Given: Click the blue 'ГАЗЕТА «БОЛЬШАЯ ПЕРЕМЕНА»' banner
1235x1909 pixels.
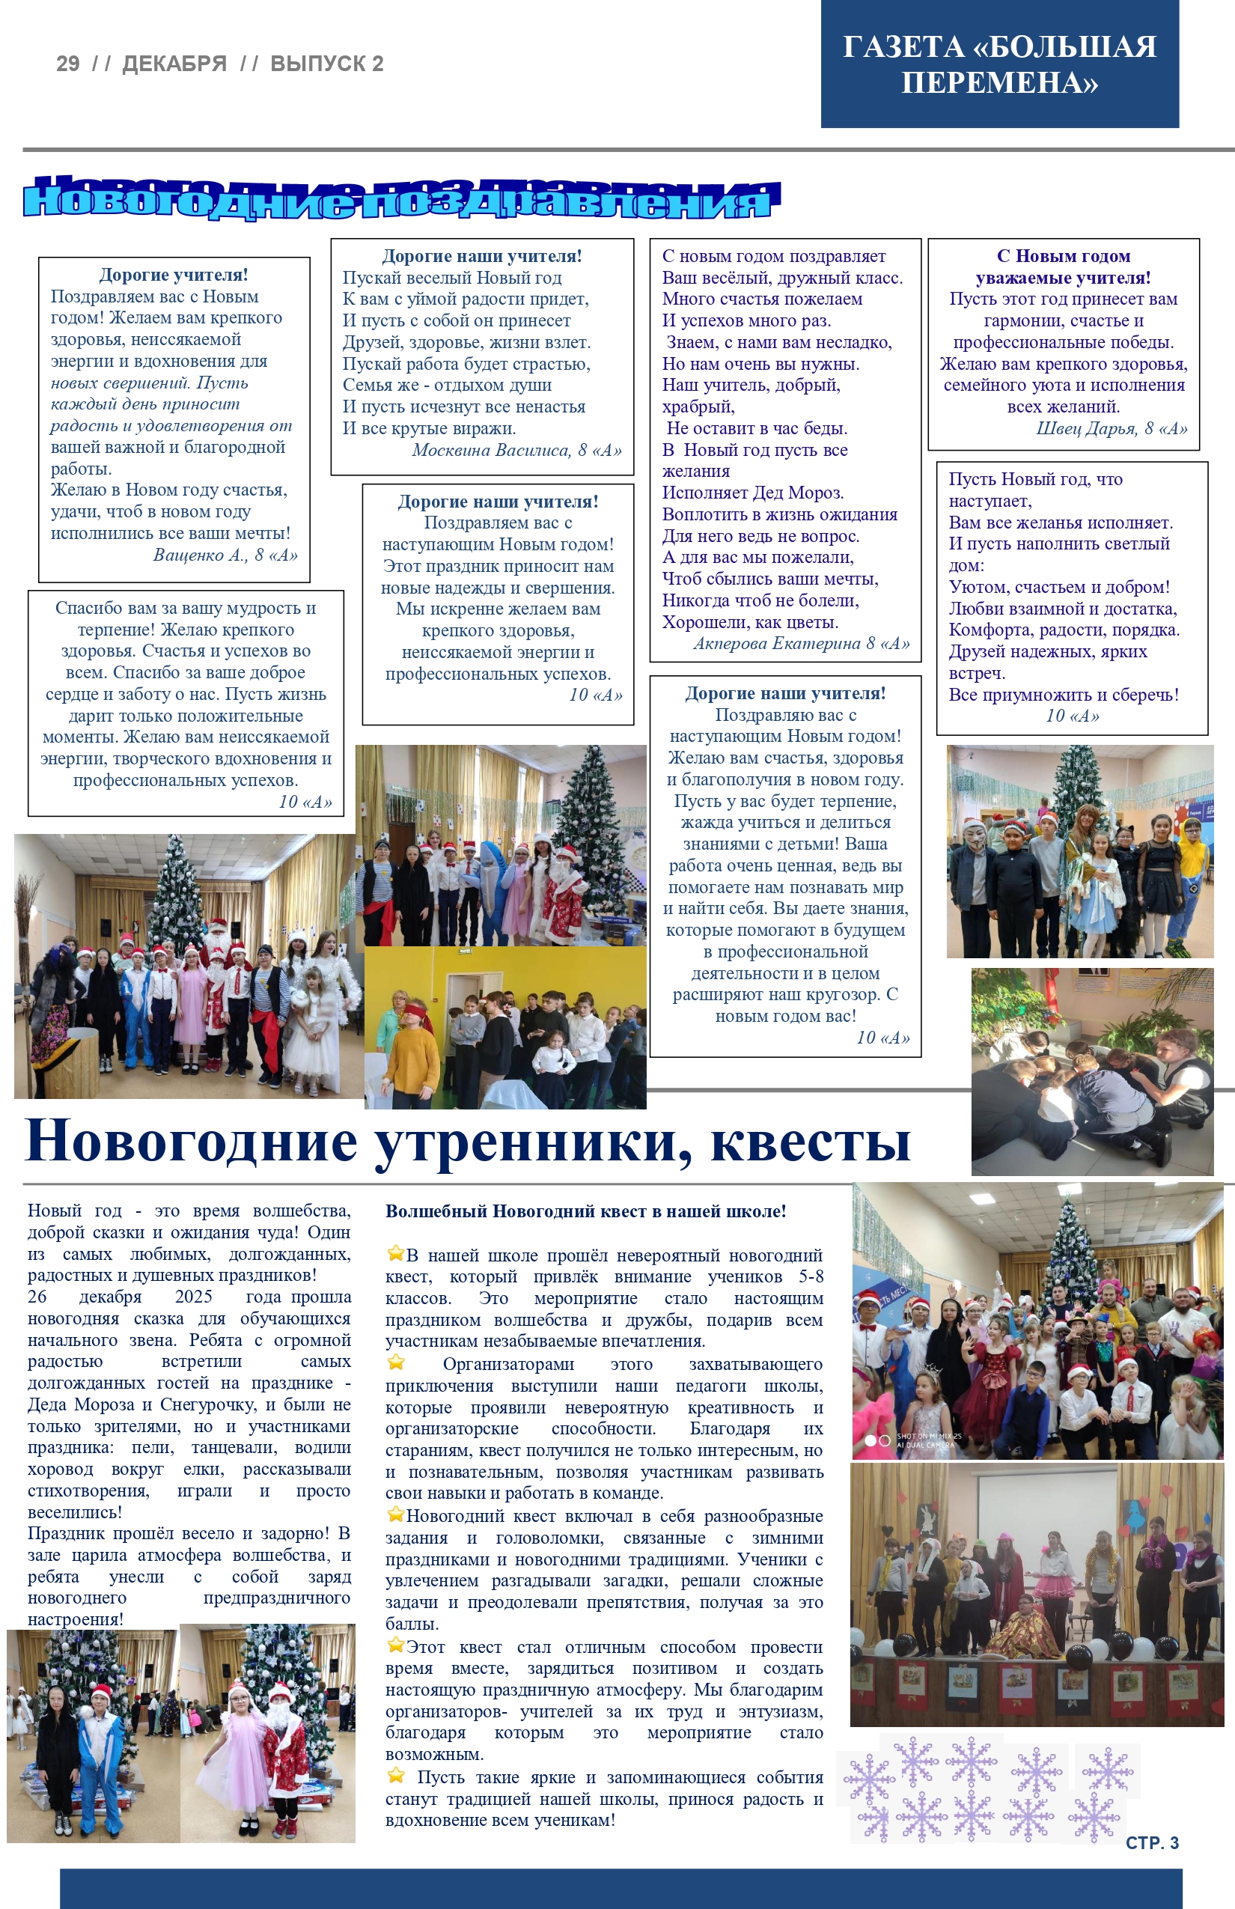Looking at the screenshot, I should (x=999, y=64).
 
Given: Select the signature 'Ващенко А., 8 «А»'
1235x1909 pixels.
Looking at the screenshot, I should (x=225, y=555).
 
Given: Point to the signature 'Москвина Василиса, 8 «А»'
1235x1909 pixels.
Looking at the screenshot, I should (x=516, y=450).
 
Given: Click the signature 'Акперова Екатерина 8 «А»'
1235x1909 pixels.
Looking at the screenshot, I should (x=801, y=643).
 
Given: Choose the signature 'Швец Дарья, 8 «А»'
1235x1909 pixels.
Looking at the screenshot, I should (x=1111, y=428).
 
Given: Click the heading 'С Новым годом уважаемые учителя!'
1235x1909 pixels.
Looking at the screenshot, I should (x=1064, y=267).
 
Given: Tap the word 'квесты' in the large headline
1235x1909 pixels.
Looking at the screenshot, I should (x=810, y=1142).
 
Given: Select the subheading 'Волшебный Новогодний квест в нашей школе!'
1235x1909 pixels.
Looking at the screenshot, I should (x=585, y=1211).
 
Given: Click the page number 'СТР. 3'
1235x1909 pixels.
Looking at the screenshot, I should (x=1152, y=1842).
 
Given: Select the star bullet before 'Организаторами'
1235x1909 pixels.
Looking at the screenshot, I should (x=395, y=1363).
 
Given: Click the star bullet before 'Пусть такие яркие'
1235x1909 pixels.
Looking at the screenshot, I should (x=395, y=1775).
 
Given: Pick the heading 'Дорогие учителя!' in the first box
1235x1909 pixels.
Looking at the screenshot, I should (x=173, y=275).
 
